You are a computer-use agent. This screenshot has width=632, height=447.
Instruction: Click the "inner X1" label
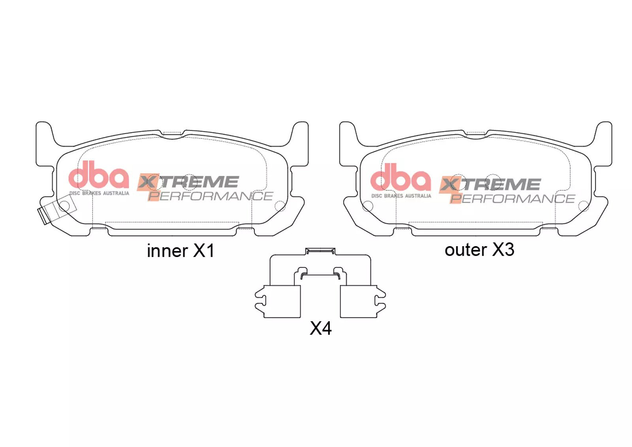click(181, 251)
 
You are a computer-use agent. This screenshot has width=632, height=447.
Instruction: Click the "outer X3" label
click(480, 250)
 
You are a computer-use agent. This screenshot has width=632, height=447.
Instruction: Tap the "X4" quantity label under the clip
click(320, 328)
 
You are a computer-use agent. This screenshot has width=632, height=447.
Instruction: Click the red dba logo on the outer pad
click(401, 177)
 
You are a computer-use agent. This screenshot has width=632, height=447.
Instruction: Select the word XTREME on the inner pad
click(188, 182)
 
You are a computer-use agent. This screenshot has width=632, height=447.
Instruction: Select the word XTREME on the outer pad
click(489, 185)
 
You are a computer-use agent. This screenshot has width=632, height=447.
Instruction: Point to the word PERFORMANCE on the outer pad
click(512, 198)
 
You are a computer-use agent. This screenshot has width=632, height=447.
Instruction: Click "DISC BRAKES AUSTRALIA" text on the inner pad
click(99, 193)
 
